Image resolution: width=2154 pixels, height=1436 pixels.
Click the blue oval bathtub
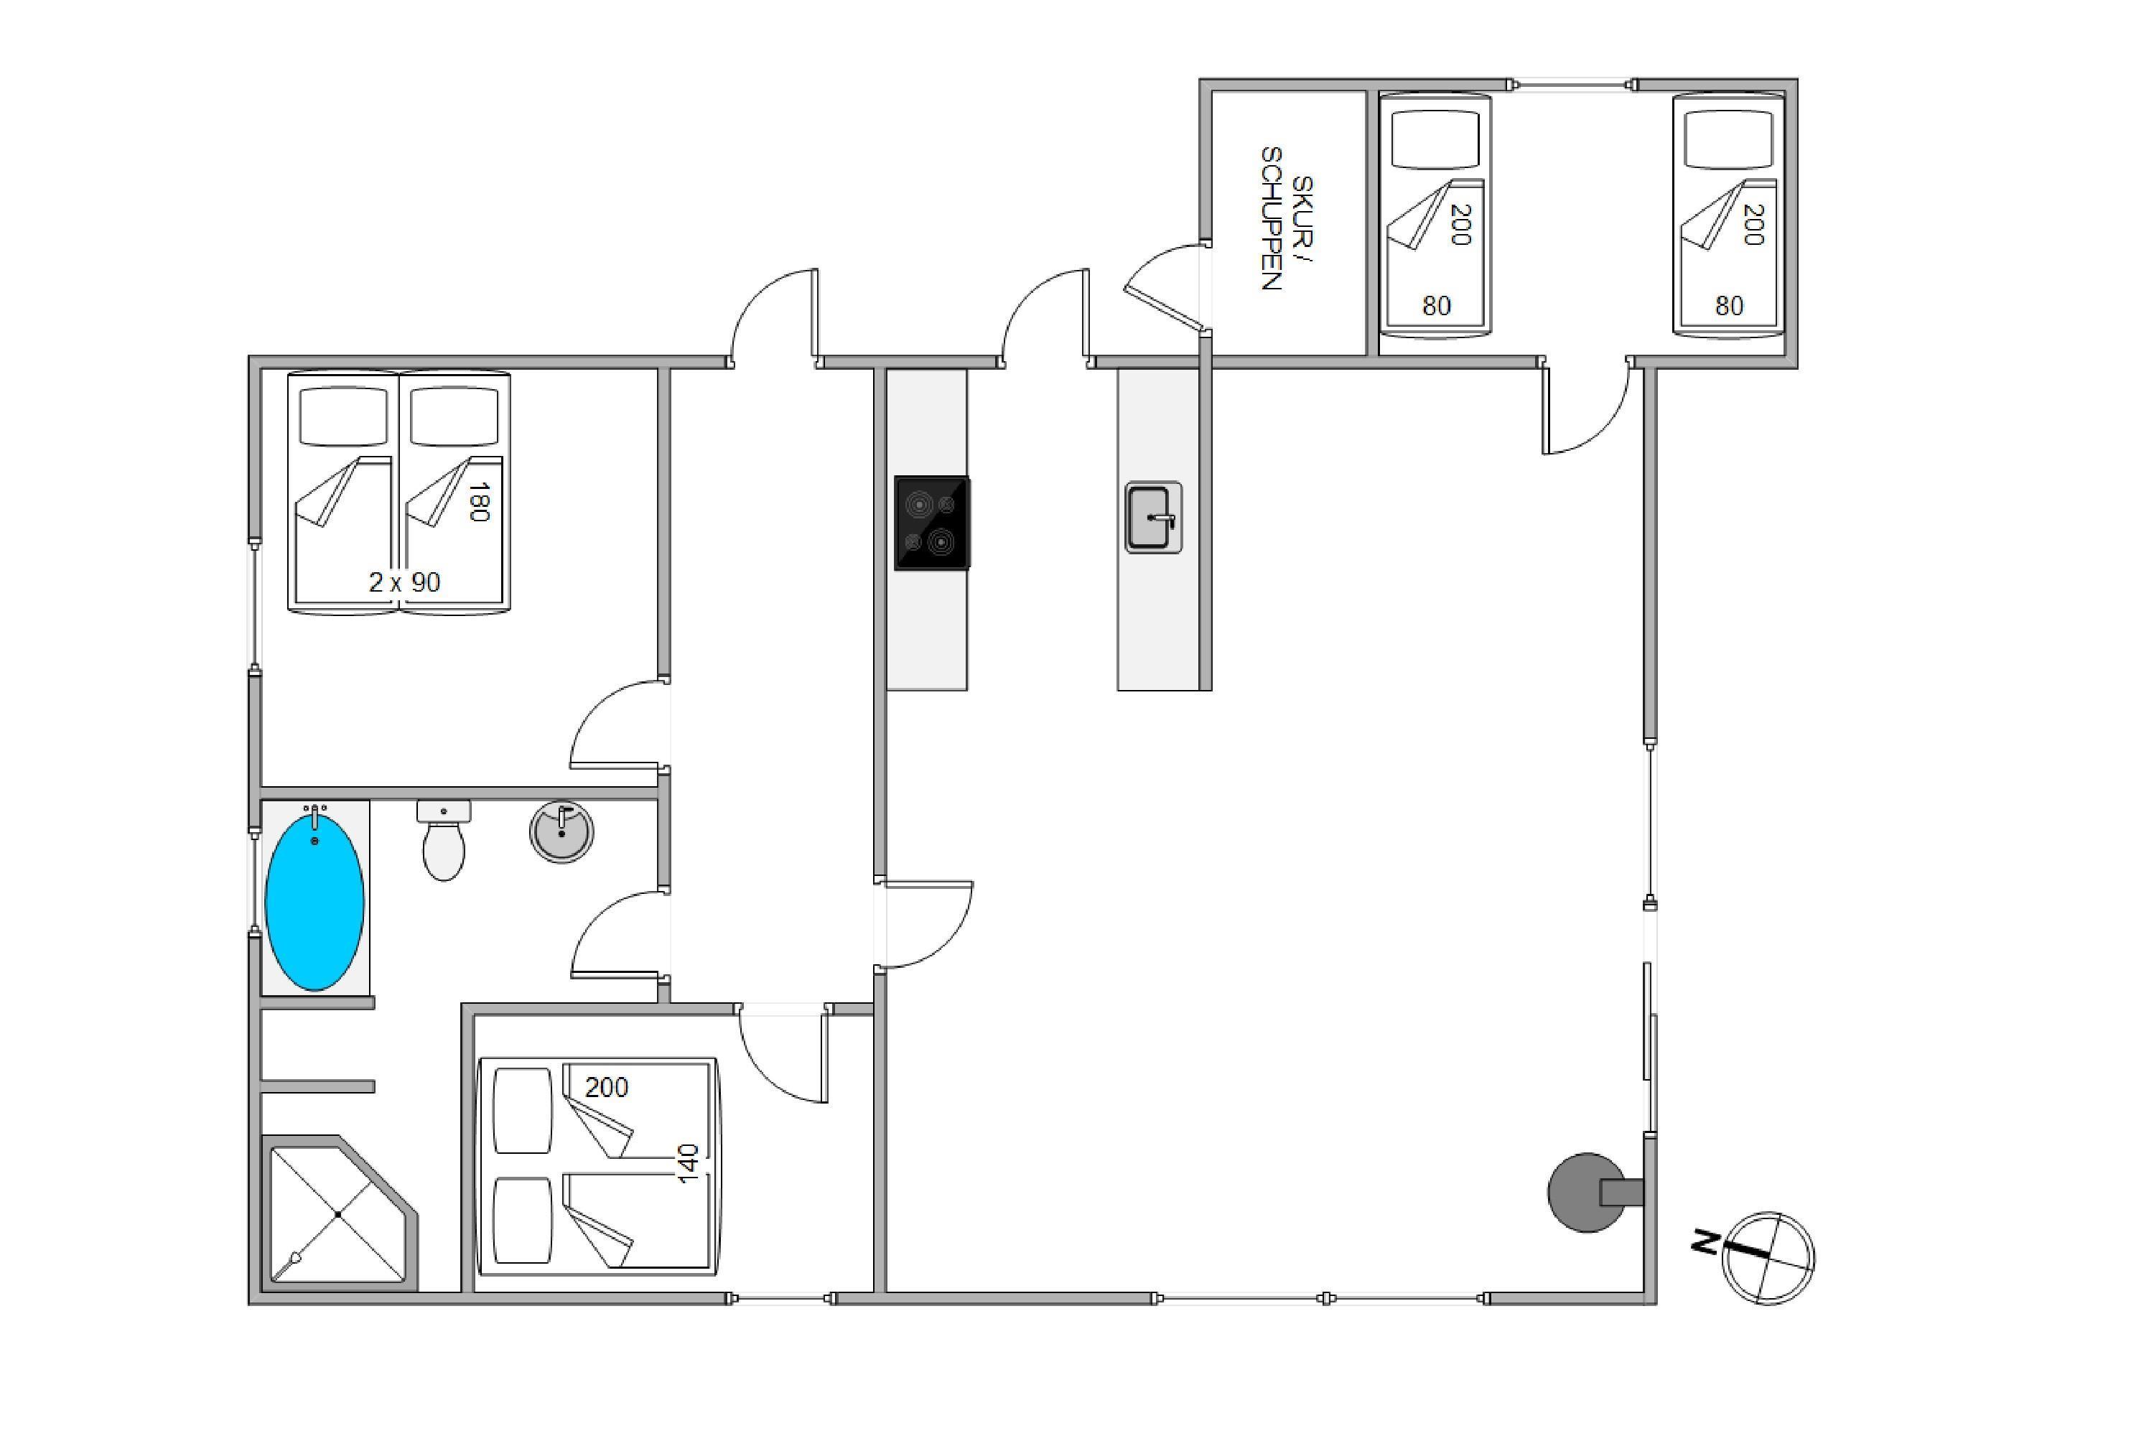pyautogui.click(x=314, y=901)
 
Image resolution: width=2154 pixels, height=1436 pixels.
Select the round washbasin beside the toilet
pyautogui.click(x=561, y=831)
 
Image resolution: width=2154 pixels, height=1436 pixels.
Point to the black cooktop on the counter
pyautogui.click(x=932, y=523)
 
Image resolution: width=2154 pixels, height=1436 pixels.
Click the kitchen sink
pyautogui.click(x=1153, y=518)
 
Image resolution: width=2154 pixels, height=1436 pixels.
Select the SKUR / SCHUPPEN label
pyautogui.click(x=1286, y=219)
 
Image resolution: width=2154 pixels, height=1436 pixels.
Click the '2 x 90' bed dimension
pyautogui.click(x=404, y=582)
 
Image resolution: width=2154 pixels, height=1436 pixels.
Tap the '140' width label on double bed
pyautogui.click(x=688, y=1163)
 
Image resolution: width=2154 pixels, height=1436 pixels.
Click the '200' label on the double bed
pyautogui.click(x=606, y=1087)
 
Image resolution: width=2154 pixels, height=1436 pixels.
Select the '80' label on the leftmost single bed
pyautogui.click(x=1436, y=306)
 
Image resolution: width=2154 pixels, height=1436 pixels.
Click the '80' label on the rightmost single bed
pyautogui.click(x=1729, y=306)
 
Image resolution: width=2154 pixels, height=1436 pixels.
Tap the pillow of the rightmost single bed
pyautogui.click(x=1728, y=139)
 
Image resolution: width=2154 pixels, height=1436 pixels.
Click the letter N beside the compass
pyautogui.click(x=1705, y=1243)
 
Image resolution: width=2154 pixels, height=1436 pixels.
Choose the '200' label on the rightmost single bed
pyautogui.click(x=1753, y=224)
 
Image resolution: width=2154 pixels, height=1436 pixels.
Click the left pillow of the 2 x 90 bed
pyautogui.click(x=345, y=416)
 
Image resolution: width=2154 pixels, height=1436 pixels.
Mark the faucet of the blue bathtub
pyautogui.click(x=315, y=816)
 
